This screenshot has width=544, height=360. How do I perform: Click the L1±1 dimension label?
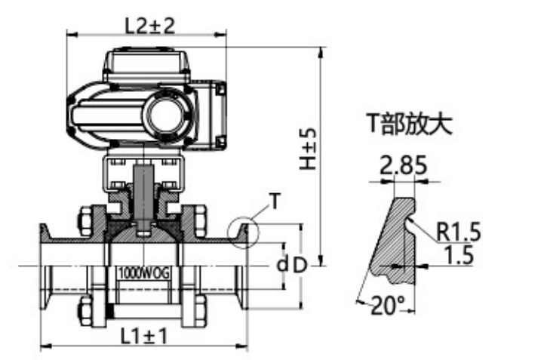[143, 336]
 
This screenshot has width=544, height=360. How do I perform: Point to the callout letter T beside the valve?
[276, 201]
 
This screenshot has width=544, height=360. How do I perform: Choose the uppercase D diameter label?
[300, 266]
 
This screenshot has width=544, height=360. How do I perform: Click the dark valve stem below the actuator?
[143, 192]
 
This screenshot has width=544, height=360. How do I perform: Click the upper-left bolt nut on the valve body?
[84, 218]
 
